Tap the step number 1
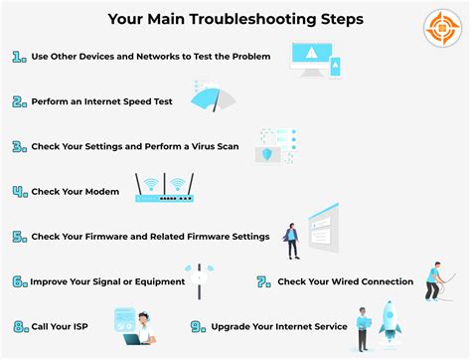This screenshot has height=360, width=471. pos(19,59)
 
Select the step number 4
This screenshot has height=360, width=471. pos(19,191)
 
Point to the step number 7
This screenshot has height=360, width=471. pos(263,281)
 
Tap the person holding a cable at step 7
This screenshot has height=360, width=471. pos(433,283)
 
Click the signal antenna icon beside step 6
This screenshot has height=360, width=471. pos(199,281)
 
